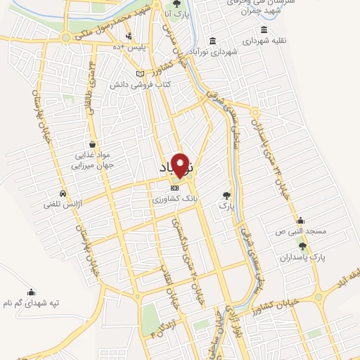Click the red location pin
pos(181,165)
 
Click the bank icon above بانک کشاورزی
pos(175,188)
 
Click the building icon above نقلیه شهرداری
pos(264,30)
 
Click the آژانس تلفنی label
pos(63,205)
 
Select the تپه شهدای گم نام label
pos(30,304)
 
